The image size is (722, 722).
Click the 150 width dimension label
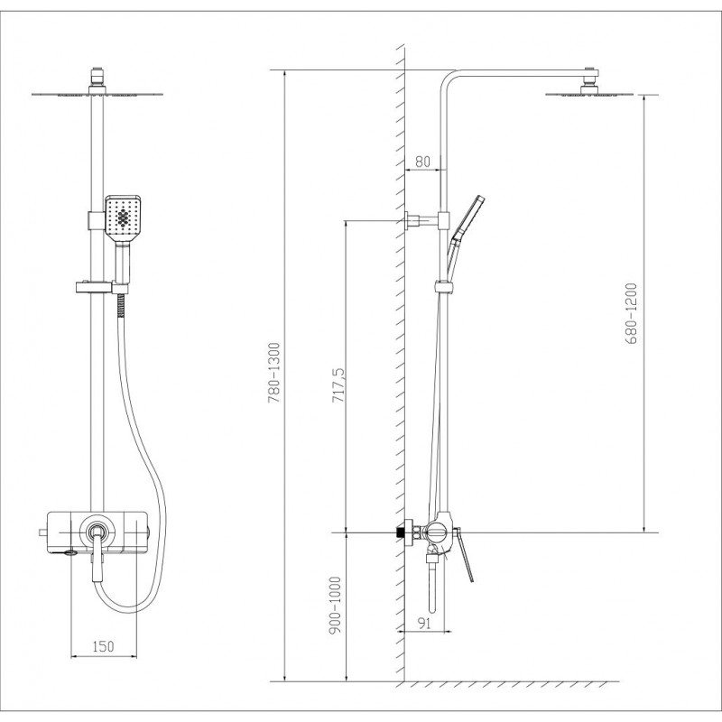click(103, 646)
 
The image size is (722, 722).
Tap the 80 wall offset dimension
click(422, 162)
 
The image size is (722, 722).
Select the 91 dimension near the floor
click(423, 623)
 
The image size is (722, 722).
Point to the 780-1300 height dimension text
click(274, 373)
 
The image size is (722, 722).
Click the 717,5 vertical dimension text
click(338, 385)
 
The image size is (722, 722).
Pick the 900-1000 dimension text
click(336, 606)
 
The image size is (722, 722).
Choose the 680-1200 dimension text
click(631, 313)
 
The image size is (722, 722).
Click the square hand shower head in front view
click(123, 218)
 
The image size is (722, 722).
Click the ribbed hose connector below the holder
click(121, 305)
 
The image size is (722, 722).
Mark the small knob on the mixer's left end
click(43, 532)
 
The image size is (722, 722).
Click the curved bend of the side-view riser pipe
click(448, 79)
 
